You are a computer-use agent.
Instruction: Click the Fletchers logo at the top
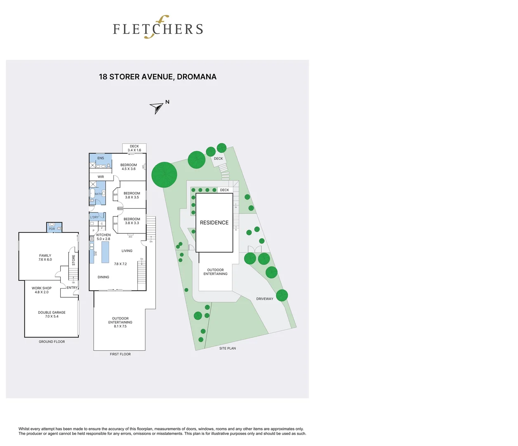[158, 28]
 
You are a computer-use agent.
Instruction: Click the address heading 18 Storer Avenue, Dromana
[158, 77]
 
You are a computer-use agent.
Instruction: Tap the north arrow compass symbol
[157, 108]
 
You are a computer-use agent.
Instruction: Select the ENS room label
[101, 158]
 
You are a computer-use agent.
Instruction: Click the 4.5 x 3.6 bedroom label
[129, 167]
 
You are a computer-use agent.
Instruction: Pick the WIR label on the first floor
[101, 177]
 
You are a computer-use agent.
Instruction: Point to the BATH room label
[98, 194]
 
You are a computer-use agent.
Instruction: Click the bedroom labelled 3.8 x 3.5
[132, 195]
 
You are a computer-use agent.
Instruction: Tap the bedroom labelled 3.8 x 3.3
[132, 221]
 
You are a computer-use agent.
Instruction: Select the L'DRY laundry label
[94, 217]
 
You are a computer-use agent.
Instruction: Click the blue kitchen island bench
[105, 252]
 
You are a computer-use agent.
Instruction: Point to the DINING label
[104, 277]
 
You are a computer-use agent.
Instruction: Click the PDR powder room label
[52, 229]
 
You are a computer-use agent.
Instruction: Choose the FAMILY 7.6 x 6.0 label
[45, 257]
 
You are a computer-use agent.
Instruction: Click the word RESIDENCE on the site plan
[214, 223]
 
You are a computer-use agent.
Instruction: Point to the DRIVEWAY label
[265, 299]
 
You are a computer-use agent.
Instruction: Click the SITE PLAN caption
[228, 349]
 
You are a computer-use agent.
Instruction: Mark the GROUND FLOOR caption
[52, 342]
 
